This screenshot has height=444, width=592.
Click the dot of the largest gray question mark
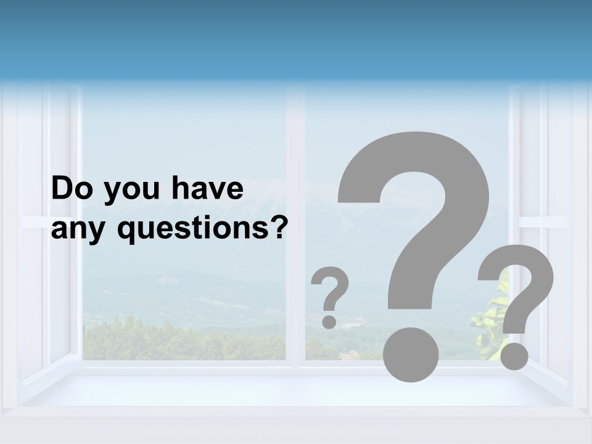pyautogui.click(x=411, y=354)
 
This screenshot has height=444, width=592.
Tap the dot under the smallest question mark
pyautogui.click(x=329, y=321)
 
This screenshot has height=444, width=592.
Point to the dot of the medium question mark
pyautogui.click(x=514, y=356)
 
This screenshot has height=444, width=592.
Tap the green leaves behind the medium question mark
pyautogui.click(x=490, y=321)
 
